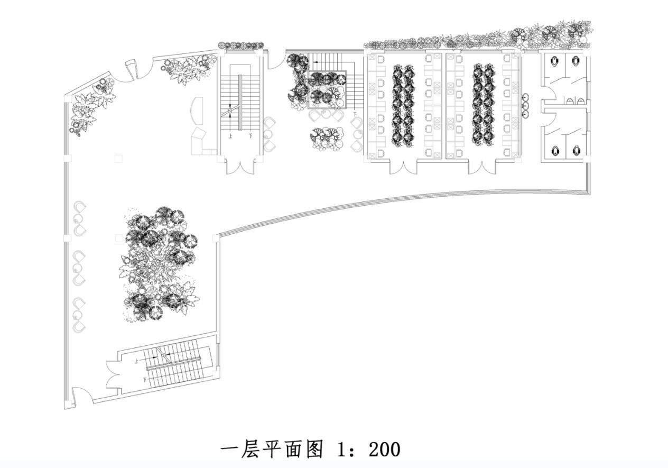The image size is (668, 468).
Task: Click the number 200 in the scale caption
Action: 384,449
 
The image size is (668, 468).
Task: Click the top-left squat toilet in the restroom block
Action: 554,61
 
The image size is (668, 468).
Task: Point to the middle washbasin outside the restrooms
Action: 525,105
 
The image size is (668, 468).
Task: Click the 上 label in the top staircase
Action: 230,136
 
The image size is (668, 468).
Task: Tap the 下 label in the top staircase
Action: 250,136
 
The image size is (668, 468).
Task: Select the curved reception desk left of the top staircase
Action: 197,110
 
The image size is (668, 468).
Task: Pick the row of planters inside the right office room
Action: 483,105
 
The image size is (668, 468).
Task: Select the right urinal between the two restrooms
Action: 581,100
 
